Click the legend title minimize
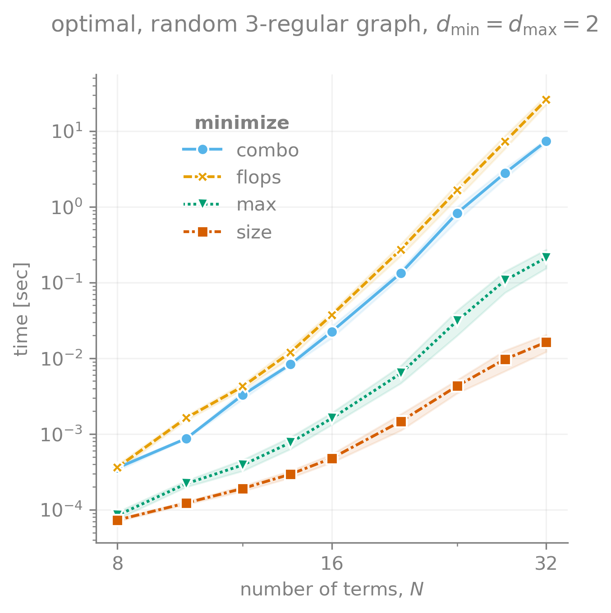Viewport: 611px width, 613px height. click(x=242, y=123)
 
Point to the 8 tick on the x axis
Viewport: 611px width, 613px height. click(x=117, y=563)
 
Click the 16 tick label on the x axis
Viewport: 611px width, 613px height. click(x=332, y=563)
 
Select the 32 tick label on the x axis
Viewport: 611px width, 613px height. click(x=546, y=563)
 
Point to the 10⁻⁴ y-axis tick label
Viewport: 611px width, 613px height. click(x=65, y=510)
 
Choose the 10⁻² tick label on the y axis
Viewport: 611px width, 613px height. click(x=65, y=359)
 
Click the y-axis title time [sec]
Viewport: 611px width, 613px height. click(x=21, y=309)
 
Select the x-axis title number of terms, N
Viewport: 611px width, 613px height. click(x=332, y=590)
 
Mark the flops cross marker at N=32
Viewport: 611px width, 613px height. click(x=546, y=100)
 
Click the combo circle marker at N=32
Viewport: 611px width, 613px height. click(x=546, y=142)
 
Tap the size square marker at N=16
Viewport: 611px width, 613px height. click(x=332, y=458)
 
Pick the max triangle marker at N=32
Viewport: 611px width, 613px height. click(x=546, y=258)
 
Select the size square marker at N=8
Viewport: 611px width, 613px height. click(x=117, y=520)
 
